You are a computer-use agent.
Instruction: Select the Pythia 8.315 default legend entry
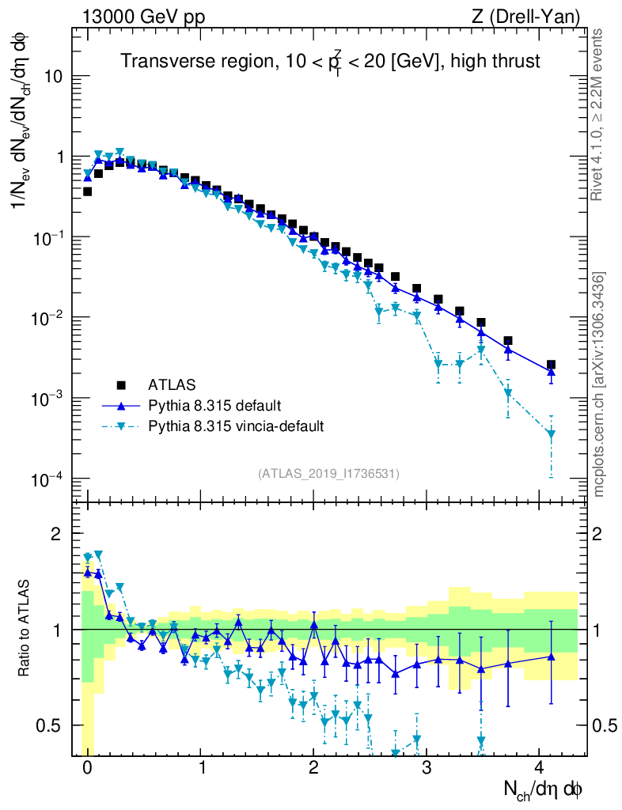(x=214, y=406)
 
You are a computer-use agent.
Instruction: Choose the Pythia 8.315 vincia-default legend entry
(x=236, y=426)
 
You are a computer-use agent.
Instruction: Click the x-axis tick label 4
(x=540, y=767)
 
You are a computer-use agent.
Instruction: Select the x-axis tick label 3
(x=427, y=767)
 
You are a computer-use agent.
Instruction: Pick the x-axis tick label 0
(x=87, y=767)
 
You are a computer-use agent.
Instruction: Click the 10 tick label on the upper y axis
(x=56, y=77)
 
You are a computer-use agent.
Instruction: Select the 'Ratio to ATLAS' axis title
(x=25, y=629)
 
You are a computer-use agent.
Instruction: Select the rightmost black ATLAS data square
(x=551, y=365)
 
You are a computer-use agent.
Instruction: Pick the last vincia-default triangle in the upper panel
(x=551, y=433)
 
